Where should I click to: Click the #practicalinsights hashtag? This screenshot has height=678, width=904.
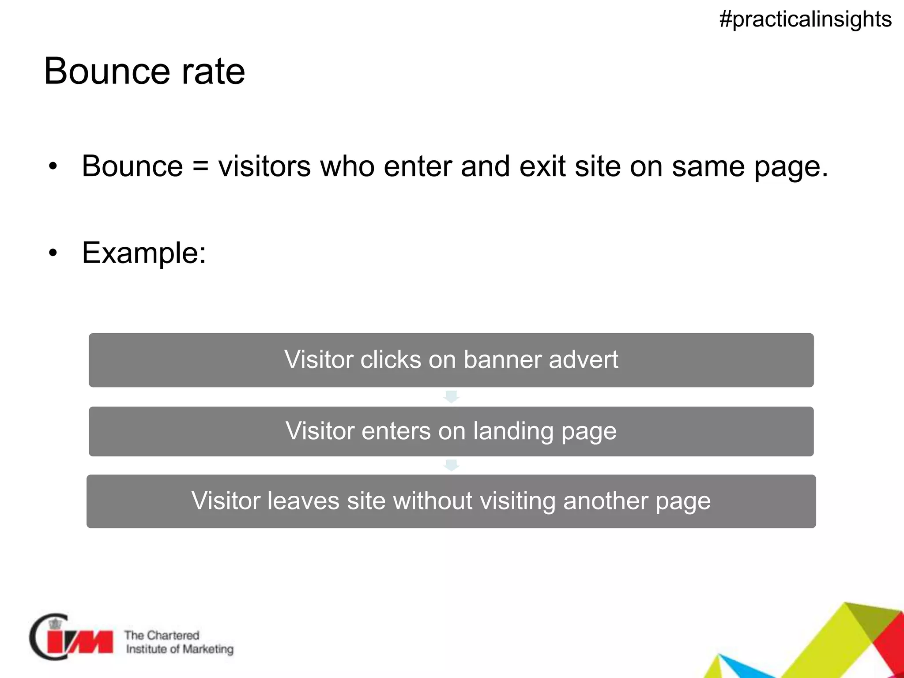tap(805, 19)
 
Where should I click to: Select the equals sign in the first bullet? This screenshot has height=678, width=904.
tap(200, 167)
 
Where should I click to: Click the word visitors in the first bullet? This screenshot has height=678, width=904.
tap(264, 166)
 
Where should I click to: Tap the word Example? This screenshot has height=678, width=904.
tap(144, 253)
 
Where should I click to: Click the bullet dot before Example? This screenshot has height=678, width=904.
tap(53, 253)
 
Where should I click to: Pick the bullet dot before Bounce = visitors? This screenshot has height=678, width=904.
tap(53, 167)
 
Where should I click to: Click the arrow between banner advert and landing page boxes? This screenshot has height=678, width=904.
tap(451, 396)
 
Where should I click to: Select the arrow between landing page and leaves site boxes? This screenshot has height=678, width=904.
tap(451, 465)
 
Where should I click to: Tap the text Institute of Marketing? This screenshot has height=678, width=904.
tap(180, 649)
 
